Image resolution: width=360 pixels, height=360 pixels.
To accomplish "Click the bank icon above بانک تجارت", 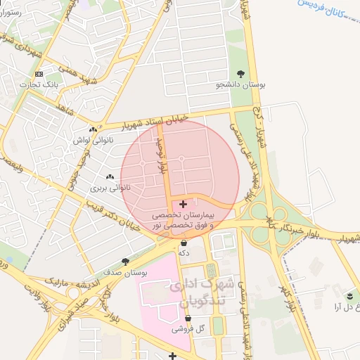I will tap(39, 74).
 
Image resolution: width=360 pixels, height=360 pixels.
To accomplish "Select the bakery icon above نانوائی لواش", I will tap(93, 129).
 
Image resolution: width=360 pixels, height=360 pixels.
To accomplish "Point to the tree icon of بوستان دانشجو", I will tap(242, 73).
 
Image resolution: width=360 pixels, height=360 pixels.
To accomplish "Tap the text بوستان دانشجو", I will tap(242, 84).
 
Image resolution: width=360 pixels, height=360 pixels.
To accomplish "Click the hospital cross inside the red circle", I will tap(184, 203).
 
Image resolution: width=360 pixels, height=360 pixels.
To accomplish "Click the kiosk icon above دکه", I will tap(184, 243).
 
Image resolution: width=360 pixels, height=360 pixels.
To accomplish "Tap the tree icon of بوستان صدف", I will tap(126, 262).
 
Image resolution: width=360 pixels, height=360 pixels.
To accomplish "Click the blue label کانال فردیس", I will tap(329, 15).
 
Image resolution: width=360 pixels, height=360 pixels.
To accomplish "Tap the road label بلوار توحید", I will tap(162, 157).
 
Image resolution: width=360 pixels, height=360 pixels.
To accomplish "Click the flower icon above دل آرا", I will tap(349, 295).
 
